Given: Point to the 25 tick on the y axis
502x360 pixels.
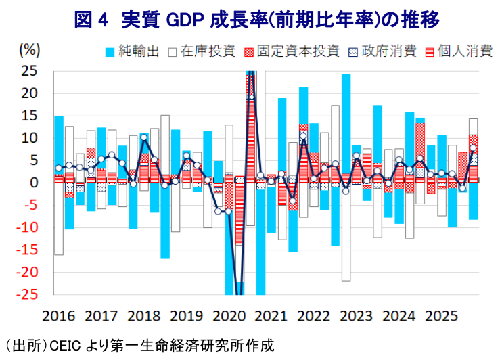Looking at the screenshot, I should point(30,70).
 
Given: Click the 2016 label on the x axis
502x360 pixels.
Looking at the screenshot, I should point(58,316).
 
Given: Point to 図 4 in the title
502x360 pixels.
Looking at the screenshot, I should point(93,20).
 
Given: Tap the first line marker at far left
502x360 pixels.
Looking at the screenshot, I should point(59,168).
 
